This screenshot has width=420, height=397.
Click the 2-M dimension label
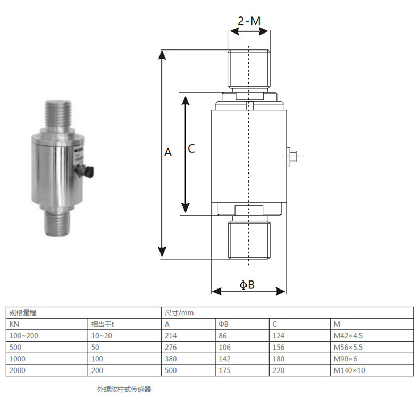click(x=249, y=21)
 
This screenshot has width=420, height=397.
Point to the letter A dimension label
click(x=168, y=153)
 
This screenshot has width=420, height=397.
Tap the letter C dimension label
click(x=191, y=148)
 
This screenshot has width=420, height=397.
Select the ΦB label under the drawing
click(x=247, y=285)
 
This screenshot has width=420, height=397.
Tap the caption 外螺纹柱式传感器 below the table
click(x=124, y=389)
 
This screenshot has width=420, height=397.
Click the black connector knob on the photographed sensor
click(x=89, y=171)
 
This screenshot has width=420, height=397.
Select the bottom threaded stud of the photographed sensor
click(x=56, y=224)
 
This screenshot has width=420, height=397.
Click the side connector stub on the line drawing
click(x=291, y=156)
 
